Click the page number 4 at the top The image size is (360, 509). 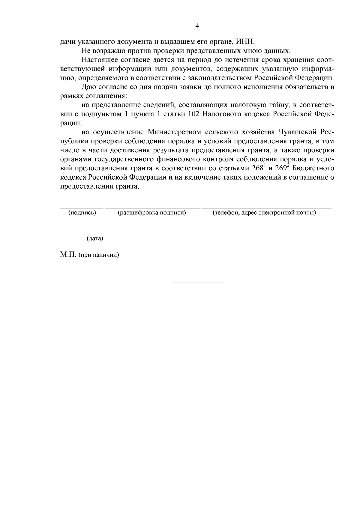tap(197, 26)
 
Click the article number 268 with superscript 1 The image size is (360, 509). tap(257, 168)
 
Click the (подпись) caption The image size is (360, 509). tap(82, 213)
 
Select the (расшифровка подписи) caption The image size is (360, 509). tap(152, 213)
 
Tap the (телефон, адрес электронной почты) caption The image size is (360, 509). tap(264, 213)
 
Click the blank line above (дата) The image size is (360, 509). tap(97, 233)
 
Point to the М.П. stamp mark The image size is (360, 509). tap(68, 255)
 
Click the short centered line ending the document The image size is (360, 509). tap(197, 283)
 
